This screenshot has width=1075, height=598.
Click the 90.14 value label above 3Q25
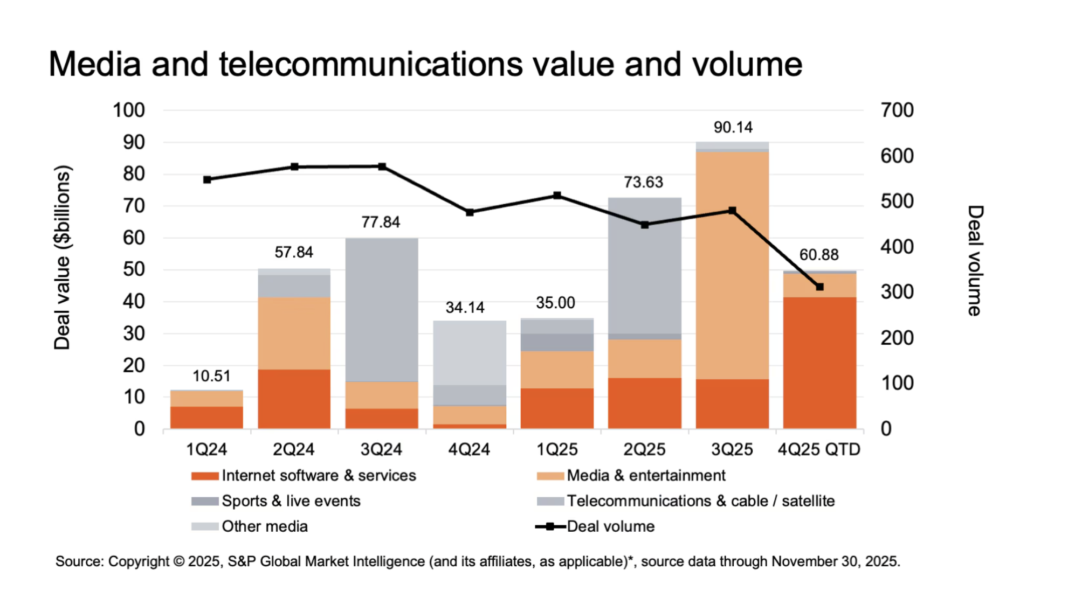[x=733, y=128]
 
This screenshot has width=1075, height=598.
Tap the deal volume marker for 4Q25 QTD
[x=819, y=287]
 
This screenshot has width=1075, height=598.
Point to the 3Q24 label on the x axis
[x=381, y=449]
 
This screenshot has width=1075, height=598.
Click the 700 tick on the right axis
[x=897, y=110]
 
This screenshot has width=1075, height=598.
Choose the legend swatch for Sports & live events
[x=205, y=501]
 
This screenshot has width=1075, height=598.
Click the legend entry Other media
[x=264, y=526]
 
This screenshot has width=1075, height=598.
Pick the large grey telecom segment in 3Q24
[x=382, y=310]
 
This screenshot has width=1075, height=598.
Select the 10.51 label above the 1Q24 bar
[x=211, y=376]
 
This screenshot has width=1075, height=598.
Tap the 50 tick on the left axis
[x=134, y=269]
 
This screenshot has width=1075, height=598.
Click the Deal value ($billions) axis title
[x=62, y=258]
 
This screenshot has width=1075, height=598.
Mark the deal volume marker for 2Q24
[x=294, y=167]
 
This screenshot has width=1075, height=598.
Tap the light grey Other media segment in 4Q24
[x=470, y=353]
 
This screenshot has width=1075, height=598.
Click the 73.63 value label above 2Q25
[x=643, y=183]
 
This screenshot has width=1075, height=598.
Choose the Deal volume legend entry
[x=610, y=526]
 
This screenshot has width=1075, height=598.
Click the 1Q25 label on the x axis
[x=557, y=449]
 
